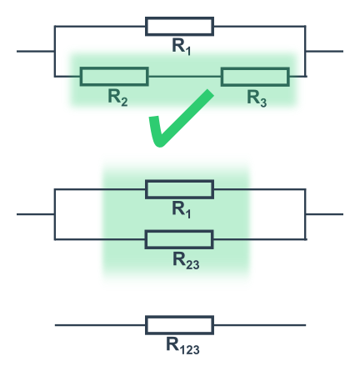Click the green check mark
[181, 118]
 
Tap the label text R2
[117, 98]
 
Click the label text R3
[257, 98]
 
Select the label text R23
[186, 261]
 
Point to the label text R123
[182, 346]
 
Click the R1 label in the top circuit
[182, 47]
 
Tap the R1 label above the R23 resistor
[182, 210]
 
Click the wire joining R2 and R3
[185, 76]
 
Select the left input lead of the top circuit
[36, 51]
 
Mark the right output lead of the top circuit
[324, 51]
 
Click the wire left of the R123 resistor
[100, 325]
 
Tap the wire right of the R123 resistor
[260, 325]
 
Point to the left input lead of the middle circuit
[36, 214]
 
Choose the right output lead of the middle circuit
[324, 214]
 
